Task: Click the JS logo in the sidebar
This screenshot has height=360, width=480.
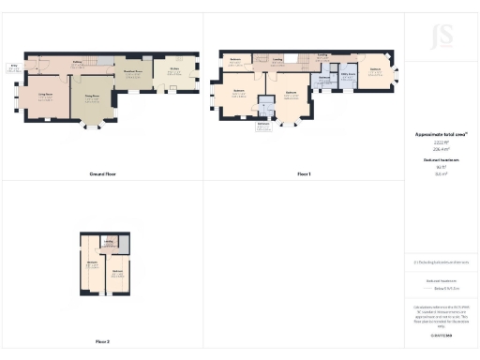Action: pos(442,37)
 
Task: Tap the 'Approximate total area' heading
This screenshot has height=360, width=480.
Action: pos(441,134)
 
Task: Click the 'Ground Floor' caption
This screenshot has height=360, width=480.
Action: pos(102,174)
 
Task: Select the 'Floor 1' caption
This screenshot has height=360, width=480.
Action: pos(304,174)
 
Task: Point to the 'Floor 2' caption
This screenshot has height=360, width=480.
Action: pos(102,341)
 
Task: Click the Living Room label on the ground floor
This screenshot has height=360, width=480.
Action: pos(45,94)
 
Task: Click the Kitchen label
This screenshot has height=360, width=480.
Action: pos(174,68)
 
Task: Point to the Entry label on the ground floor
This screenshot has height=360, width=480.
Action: pos(14,67)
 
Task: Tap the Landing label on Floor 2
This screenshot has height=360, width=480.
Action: pos(110,241)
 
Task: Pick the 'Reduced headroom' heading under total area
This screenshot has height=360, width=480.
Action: pos(441,160)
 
